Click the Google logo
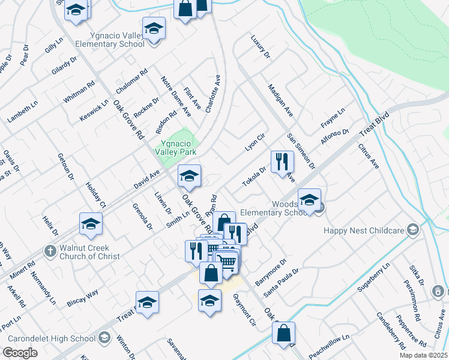click(20, 353)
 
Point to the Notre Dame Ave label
click(176, 96)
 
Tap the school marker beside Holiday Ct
click(91, 224)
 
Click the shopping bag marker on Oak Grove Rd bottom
click(284, 332)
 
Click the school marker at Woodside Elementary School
click(309, 200)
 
